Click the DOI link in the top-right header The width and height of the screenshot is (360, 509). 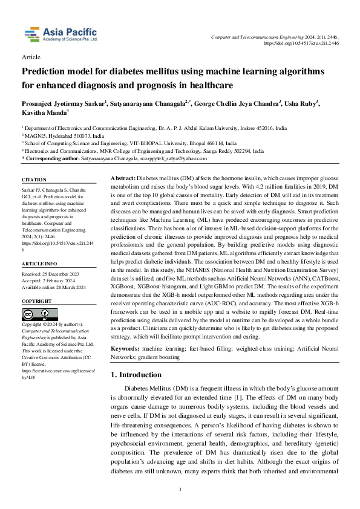click(x=303, y=44)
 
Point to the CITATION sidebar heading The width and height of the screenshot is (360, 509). click(x=34, y=180)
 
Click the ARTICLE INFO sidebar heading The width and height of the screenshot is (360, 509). click(x=39, y=264)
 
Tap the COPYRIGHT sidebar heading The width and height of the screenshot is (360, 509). click(x=37, y=300)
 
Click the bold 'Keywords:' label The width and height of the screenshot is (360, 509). click(x=125, y=349)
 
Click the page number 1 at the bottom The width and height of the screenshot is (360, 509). click(x=180, y=489)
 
